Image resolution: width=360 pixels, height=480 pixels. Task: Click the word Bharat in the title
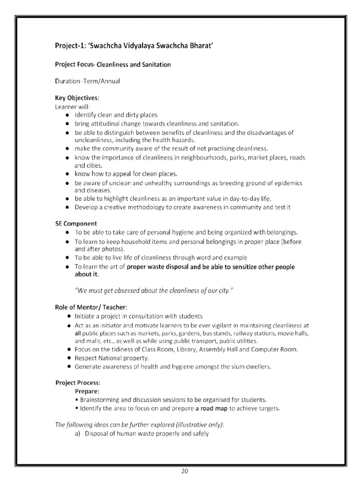click(201, 46)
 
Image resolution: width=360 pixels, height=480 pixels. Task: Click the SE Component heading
click(76, 224)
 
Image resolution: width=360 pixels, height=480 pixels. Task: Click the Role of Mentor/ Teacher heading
click(91, 307)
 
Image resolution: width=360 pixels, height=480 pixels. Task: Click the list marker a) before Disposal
click(78, 434)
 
